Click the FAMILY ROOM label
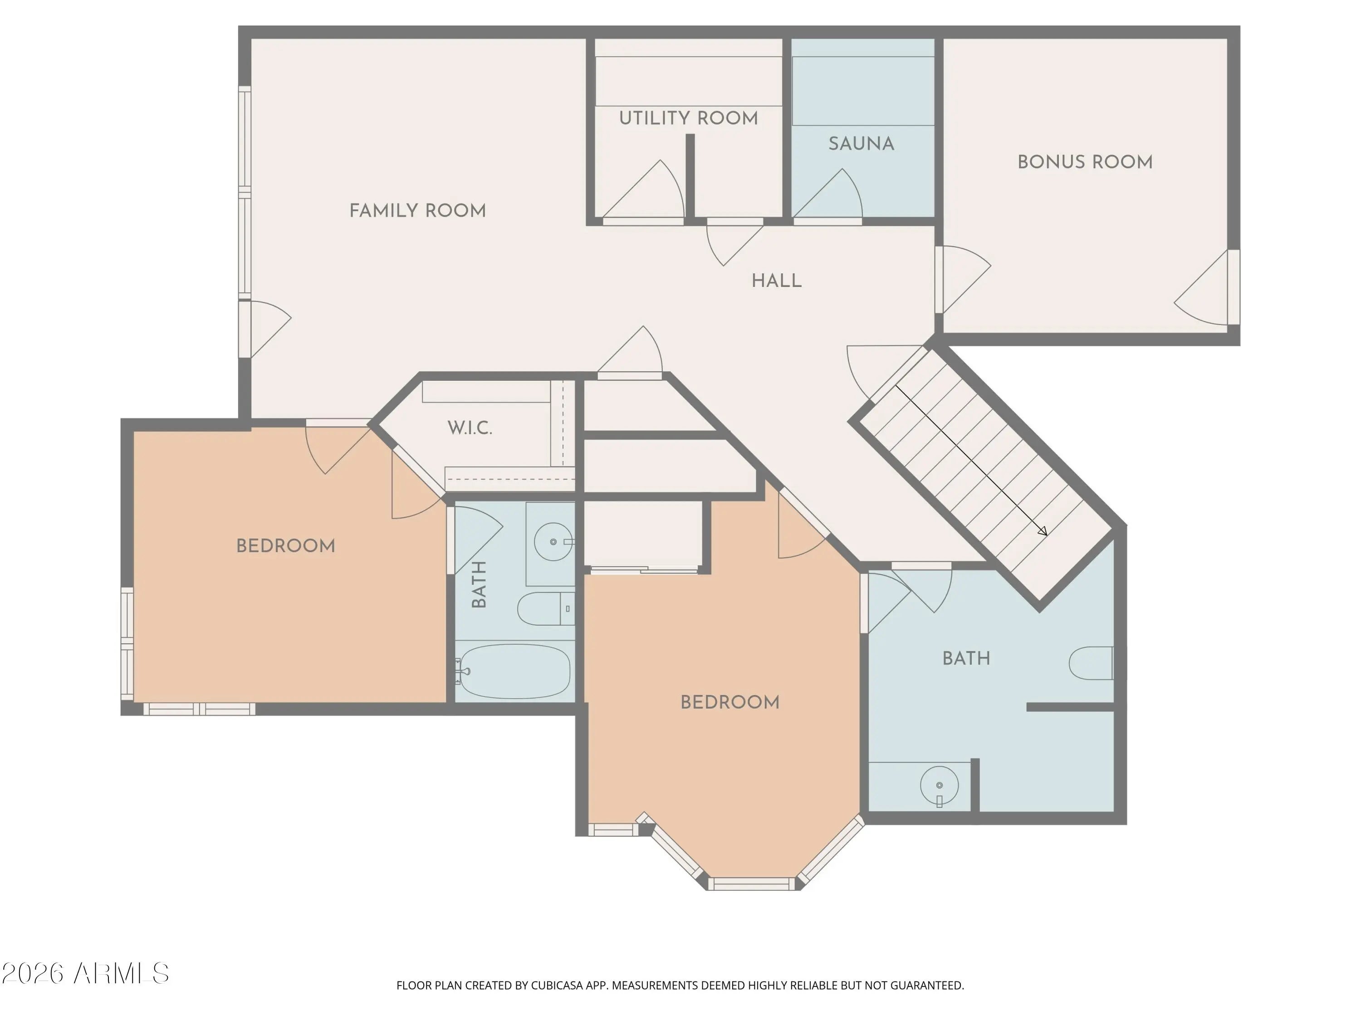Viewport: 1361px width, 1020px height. (418, 211)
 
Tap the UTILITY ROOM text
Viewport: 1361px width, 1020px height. (689, 118)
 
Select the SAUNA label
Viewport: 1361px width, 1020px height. (862, 144)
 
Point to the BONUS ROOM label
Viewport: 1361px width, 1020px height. (1085, 162)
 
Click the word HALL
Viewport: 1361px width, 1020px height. (777, 281)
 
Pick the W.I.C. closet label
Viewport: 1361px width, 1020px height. (470, 428)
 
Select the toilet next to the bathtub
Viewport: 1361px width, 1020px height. (546, 609)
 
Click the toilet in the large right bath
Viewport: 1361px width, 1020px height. (1092, 663)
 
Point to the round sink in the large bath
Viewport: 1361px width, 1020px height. (940, 786)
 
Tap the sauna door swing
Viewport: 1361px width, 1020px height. (827, 194)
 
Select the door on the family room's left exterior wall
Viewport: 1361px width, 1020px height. (264, 329)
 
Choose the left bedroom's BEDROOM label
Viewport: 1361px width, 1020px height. (285, 546)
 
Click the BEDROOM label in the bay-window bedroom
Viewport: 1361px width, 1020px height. (729, 702)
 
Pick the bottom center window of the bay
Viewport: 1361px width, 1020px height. (751, 884)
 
